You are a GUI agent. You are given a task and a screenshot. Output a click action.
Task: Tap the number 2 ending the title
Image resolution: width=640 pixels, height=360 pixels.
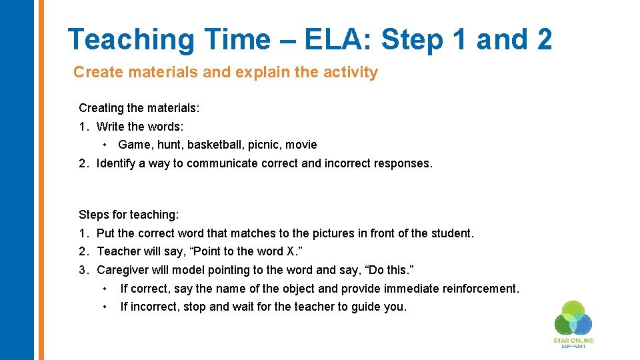543,39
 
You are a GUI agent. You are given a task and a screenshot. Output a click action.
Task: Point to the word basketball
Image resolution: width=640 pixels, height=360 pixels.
211,145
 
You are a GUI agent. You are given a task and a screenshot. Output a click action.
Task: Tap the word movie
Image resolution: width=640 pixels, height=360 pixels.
301,145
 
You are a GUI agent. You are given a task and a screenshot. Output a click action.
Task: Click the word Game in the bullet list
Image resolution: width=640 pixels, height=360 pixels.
134,145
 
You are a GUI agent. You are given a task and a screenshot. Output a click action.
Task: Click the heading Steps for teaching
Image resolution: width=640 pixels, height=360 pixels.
129,215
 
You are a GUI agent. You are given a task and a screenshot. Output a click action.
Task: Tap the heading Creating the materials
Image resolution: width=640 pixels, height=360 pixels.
139,107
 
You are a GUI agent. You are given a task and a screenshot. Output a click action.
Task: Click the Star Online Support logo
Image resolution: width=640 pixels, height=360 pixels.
573,323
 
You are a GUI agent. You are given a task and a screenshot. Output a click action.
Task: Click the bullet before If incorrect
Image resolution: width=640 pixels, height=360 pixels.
105,307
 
